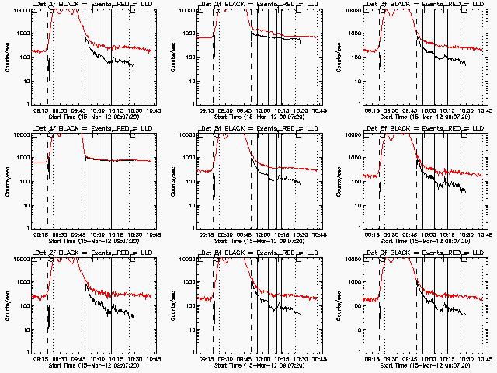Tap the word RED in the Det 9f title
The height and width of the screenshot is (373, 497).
click(x=449, y=253)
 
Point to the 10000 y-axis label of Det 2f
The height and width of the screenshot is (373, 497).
click(x=183, y=11)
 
